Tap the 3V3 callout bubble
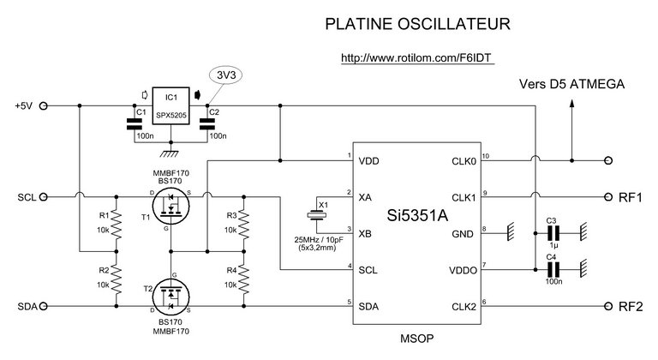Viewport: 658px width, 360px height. point(227,75)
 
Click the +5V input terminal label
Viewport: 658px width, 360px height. point(23,106)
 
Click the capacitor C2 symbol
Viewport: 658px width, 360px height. point(207,125)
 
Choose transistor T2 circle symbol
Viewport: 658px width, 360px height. point(170,295)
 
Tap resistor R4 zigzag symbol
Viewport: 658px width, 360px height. point(243,276)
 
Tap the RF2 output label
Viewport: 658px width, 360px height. point(630,306)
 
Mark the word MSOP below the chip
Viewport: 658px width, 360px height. point(416,339)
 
